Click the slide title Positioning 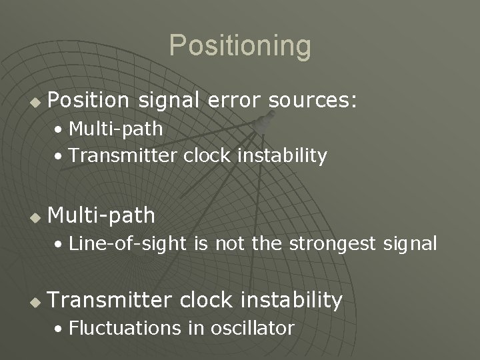click(x=240, y=46)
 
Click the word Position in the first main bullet click(x=88, y=100)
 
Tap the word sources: click(x=313, y=100)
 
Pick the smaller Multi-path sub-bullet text click(x=115, y=127)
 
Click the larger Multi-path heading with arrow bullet click(x=101, y=215)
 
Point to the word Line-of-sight click(x=128, y=244)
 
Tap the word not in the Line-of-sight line click(x=230, y=244)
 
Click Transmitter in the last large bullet click(x=109, y=300)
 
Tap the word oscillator click(x=253, y=328)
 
